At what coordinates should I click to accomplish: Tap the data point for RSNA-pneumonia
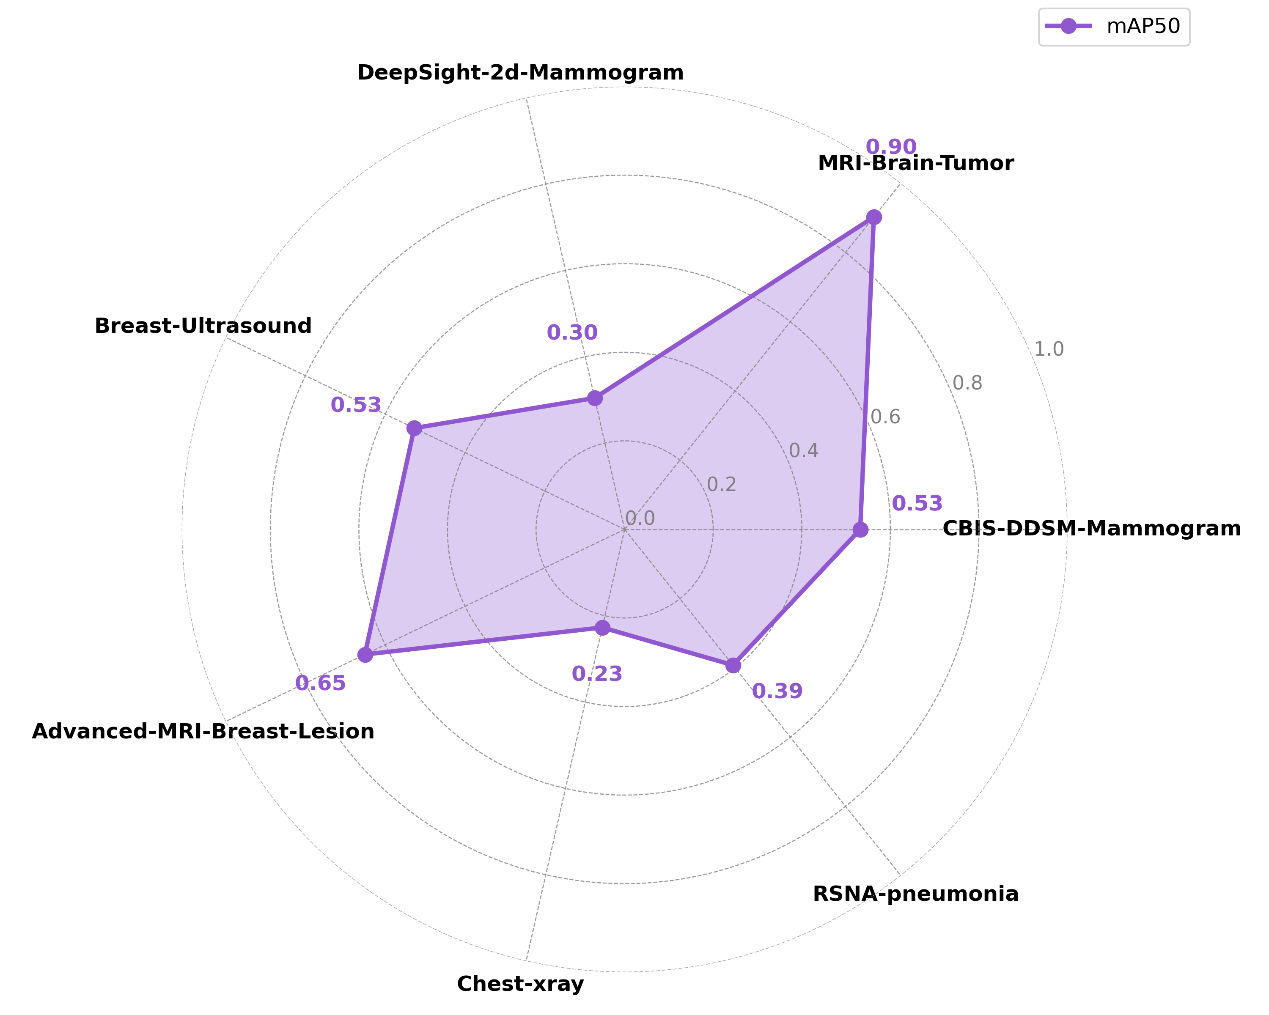click(x=733, y=666)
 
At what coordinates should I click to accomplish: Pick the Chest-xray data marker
click(x=602, y=628)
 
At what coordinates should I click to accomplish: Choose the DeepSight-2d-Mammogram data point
click(x=595, y=398)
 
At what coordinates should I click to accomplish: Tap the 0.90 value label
click(x=890, y=146)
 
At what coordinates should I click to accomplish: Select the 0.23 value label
click(x=597, y=674)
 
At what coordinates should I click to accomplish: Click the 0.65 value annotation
click(x=320, y=683)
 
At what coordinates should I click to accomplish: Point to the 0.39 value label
click(x=777, y=691)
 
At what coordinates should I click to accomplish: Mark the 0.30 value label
click(x=572, y=333)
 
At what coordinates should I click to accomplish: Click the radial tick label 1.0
click(x=1049, y=349)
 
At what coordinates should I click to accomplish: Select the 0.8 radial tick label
click(x=967, y=383)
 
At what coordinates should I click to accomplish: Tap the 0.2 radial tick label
click(x=721, y=484)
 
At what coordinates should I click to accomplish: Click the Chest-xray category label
click(x=520, y=984)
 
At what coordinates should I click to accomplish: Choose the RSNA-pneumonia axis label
click(x=915, y=894)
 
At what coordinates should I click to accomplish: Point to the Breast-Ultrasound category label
click(x=203, y=325)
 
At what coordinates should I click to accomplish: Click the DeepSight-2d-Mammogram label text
click(x=520, y=72)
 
